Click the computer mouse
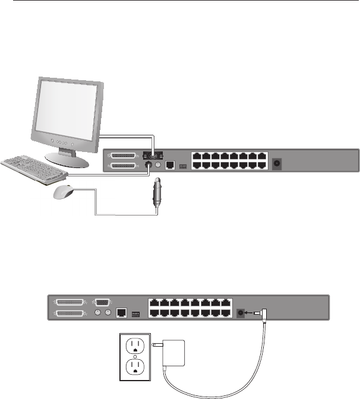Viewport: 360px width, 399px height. tap(66, 192)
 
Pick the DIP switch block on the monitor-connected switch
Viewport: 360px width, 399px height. tap(182, 167)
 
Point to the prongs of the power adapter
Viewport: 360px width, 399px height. tap(156, 344)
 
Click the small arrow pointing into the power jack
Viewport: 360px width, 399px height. tap(252, 313)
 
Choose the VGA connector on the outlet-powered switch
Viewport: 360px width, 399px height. tap(102, 302)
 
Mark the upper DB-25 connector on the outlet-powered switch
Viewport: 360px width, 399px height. tap(70, 302)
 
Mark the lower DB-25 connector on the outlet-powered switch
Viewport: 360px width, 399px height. tap(70, 313)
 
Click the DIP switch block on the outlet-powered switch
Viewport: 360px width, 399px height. tap(135, 312)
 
